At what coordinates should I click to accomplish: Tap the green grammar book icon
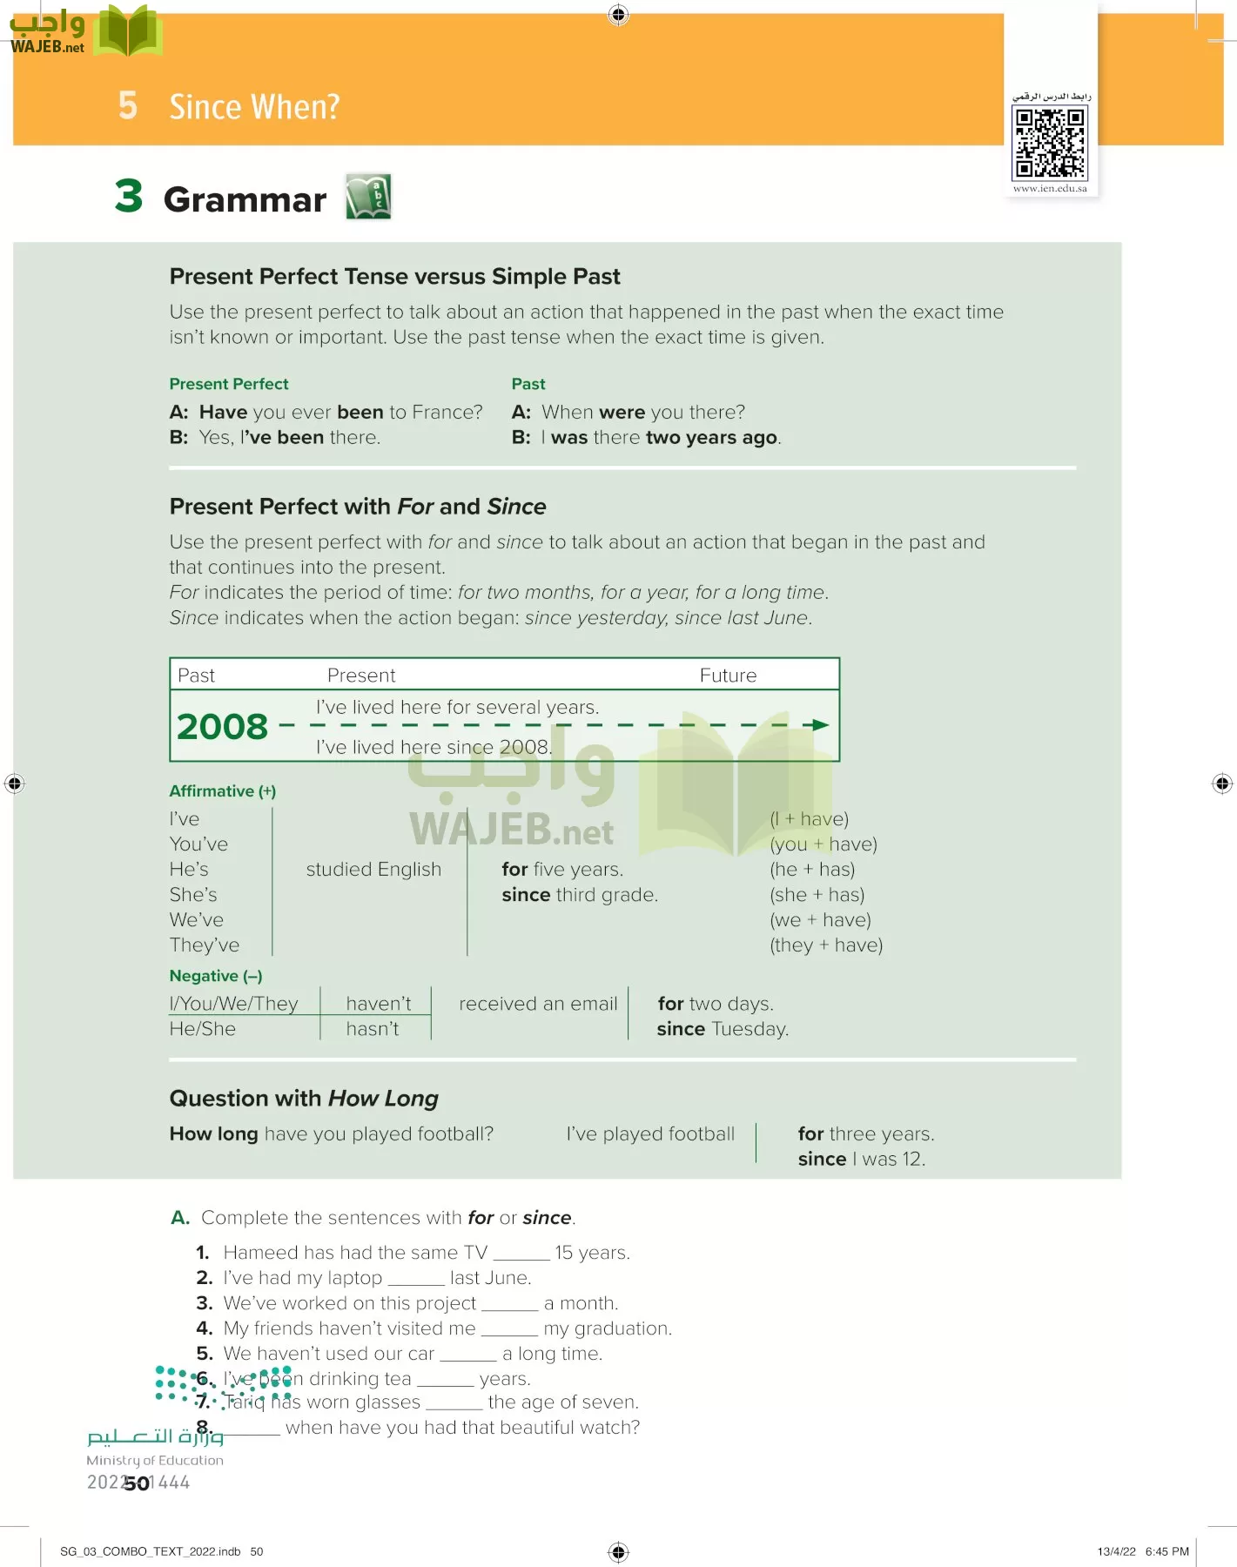click(x=368, y=197)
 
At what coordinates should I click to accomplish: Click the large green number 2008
click(x=222, y=727)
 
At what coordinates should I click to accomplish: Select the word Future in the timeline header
click(x=728, y=676)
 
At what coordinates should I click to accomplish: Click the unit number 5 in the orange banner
click(x=128, y=106)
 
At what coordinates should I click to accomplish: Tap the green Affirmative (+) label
click(x=222, y=791)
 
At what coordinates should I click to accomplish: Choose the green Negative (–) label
click(x=215, y=976)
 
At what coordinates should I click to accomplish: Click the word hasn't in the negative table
click(x=372, y=1029)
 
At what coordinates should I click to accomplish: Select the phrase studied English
click(x=373, y=870)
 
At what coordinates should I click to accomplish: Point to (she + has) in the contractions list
click(x=817, y=895)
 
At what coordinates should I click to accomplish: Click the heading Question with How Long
click(x=304, y=1099)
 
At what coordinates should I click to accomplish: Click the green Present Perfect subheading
click(x=229, y=384)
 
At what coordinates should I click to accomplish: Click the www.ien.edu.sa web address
click(x=1050, y=188)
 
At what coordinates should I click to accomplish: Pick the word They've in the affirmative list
click(x=205, y=945)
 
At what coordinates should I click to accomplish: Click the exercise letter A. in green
click(x=180, y=1218)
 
